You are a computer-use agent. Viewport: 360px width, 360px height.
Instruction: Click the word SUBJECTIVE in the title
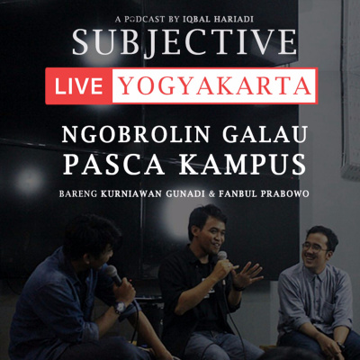tap(184, 41)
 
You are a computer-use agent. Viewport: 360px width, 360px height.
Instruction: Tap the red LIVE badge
tap(79, 86)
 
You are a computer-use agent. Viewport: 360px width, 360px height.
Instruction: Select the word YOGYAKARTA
tap(215, 86)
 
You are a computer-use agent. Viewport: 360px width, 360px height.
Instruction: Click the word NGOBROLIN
tap(136, 134)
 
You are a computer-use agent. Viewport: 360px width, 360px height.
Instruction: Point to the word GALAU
tap(265, 134)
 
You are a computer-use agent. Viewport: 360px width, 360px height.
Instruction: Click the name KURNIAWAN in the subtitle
tap(131, 193)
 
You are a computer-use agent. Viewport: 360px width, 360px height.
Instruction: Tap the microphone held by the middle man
tap(222, 260)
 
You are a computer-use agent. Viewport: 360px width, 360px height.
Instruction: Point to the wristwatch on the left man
tap(120, 307)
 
